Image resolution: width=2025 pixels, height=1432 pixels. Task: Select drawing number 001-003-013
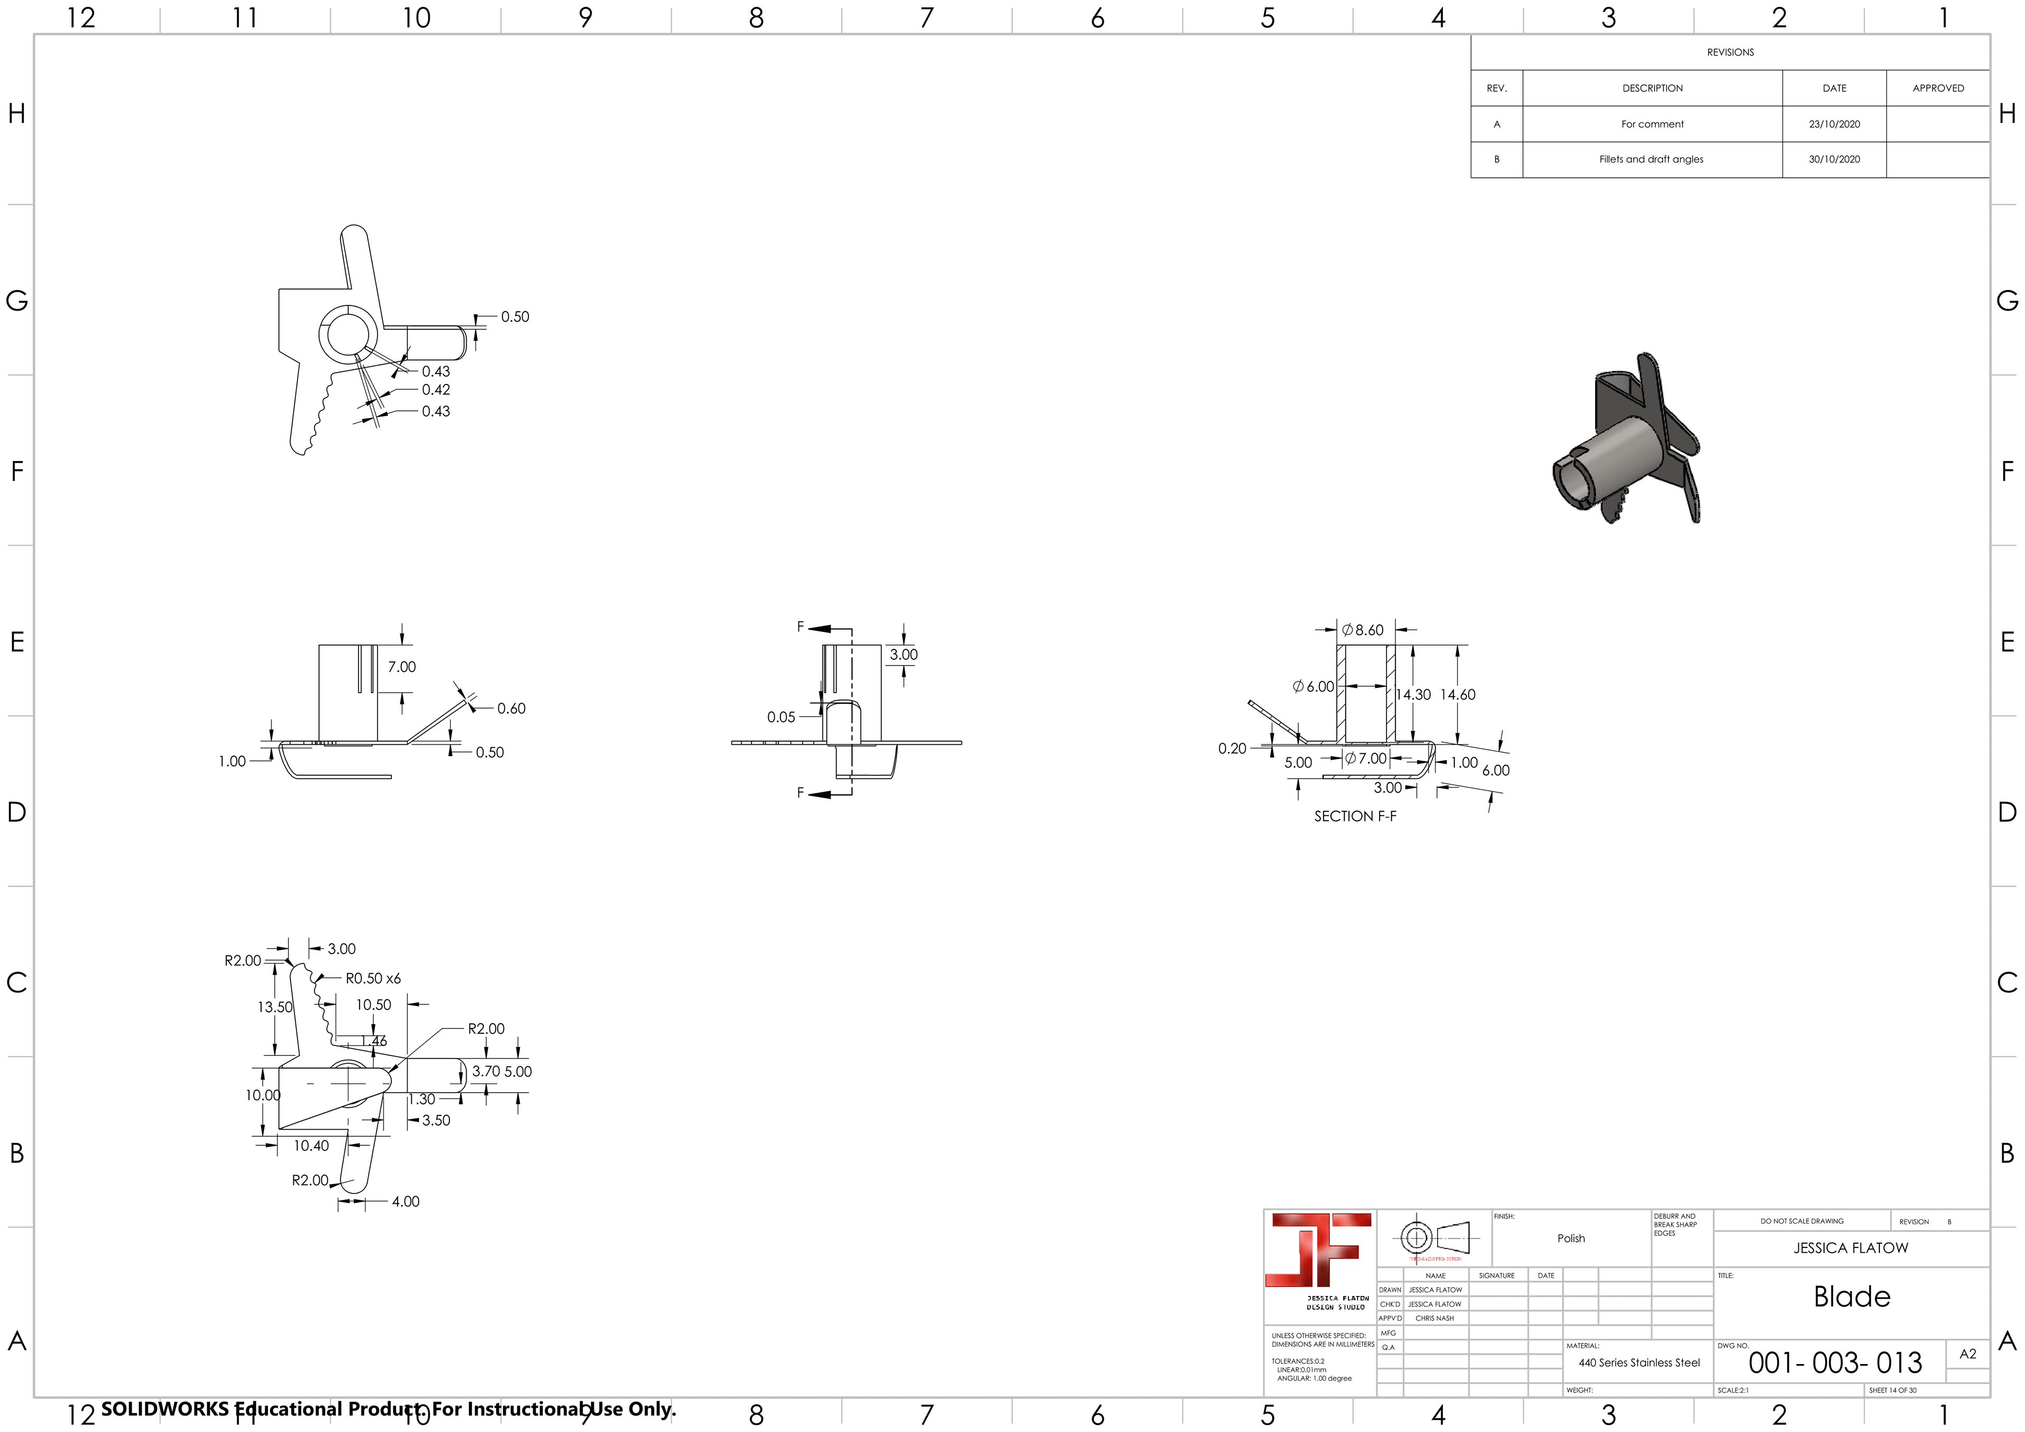(x=1835, y=1363)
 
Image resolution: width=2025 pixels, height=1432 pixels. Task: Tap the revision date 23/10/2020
(x=1834, y=124)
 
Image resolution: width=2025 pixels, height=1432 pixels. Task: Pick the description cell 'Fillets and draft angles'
(x=1651, y=160)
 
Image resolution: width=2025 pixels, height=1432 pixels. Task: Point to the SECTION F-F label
(x=1355, y=816)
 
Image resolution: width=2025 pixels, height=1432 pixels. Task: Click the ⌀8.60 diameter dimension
(x=1364, y=630)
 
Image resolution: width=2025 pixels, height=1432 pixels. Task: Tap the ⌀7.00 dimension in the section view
(x=1366, y=759)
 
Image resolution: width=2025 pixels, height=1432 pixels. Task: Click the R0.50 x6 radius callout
(x=372, y=978)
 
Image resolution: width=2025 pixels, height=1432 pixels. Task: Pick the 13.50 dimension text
(x=274, y=1007)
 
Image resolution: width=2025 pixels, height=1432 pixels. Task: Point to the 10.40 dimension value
(x=311, y=1146)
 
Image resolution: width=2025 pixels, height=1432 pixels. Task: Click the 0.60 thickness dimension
(x=510, y=708)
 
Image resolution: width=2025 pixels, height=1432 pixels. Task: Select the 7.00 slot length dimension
(x=401, y=667)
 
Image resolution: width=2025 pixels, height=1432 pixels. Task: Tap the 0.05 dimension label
(x=780, y=717)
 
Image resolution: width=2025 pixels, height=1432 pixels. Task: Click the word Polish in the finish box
(x=1571, y=1239)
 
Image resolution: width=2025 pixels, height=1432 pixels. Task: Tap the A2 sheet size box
(x=1967, y=1353)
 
